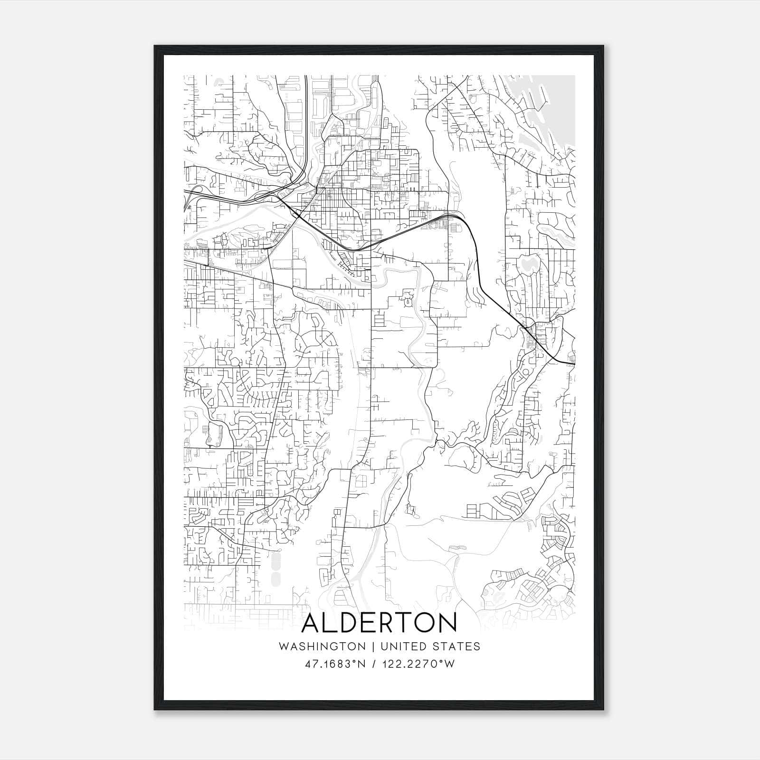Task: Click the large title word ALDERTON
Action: coord(379,623)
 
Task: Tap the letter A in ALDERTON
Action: coord(313,623)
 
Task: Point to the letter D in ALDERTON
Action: coord(350,623)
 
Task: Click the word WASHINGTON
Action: coord(322,646)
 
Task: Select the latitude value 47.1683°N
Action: coord(335,664)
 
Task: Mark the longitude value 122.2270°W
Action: coord(420,664)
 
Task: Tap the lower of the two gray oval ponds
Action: coord(275,578)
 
